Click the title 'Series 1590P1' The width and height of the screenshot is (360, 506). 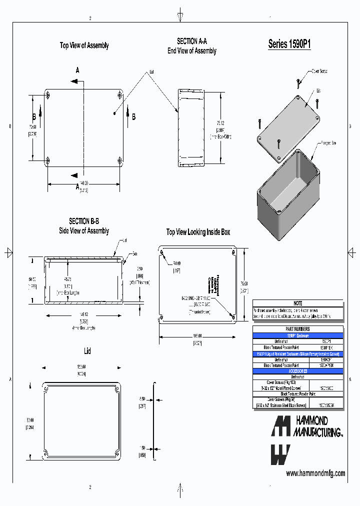click(x=289, y=44)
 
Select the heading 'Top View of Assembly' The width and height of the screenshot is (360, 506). click(x=84, y=45)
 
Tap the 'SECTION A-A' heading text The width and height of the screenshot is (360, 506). click(x=191, y=41)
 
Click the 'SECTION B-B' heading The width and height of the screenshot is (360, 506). click(x=83, y=221)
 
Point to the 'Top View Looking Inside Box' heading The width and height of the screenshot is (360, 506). click(x=198, y=232)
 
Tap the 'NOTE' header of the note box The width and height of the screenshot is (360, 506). click(x=298, y=303)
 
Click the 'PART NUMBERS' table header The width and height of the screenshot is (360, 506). click(x=298, y=329)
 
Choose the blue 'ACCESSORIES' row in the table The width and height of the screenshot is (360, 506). click(x=298, y=371)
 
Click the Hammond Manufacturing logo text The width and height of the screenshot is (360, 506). click(x=317, y=426)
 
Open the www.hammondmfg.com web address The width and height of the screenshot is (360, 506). click(x=315, y=473)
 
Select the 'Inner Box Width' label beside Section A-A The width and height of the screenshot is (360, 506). click(x=220, y=136)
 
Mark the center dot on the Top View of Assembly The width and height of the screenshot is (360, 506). click(x=114, y=114)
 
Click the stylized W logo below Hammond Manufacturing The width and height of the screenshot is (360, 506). click(x=280, y=455)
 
